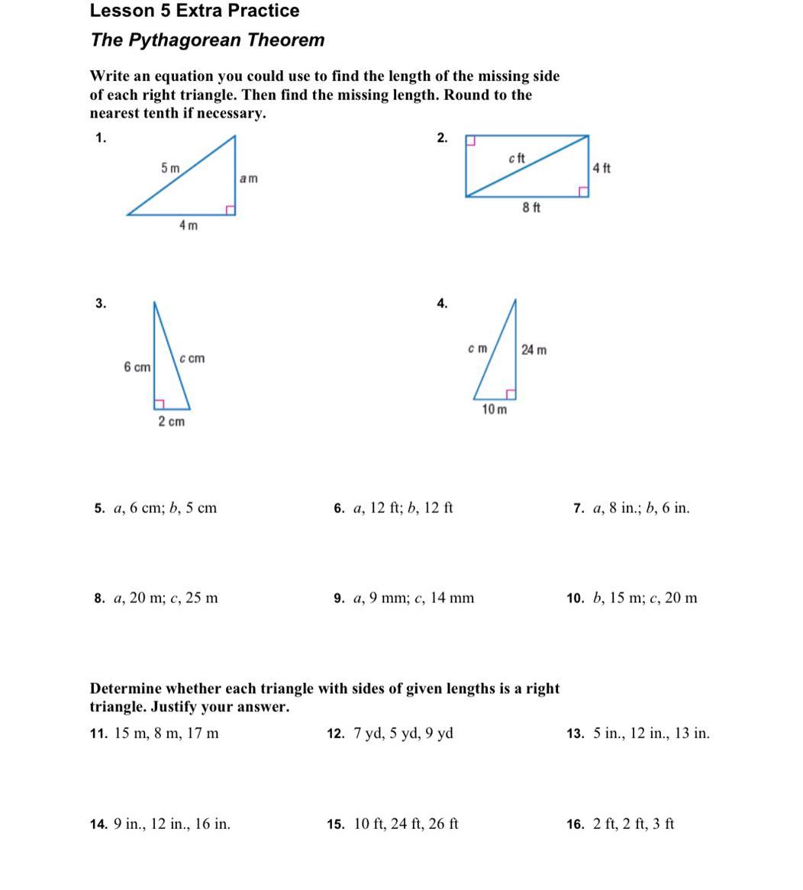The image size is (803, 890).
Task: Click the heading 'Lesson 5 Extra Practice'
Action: pyautogui.click(x=195, y=11)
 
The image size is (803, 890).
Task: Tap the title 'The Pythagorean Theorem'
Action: pyautogui.click(x=207, y=40)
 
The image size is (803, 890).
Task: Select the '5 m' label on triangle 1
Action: pyautogui.click(x=170, y=168)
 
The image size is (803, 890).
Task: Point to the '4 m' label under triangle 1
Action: pyautogui.click(x=188, y=225)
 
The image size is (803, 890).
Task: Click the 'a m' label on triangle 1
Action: pyautogui.click(x=249, y=179)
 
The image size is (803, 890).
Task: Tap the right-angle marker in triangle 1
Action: pyautogui.click(x=229, y=209)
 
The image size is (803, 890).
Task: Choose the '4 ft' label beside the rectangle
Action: pyautogui.click(x=601, y=168)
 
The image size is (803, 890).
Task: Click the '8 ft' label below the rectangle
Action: pyautogui.click(x=531, y=208)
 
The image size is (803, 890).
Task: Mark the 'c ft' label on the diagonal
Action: pyautogui.click(x=516, y=158)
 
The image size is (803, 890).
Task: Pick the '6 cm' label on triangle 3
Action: pyautogui.click(x=137, y=368)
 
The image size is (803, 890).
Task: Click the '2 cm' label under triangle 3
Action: pyautogui.click(x=171, y=422)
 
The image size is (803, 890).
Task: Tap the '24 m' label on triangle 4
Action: pyautogui.click(x=534, y=350)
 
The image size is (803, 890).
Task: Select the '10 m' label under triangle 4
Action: pyautogui.click(x=494, y=410)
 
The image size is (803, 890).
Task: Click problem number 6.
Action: pyautogui.click(x=340, y=508)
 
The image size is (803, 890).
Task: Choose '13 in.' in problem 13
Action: pyautogui.click(x=692, y=734)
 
